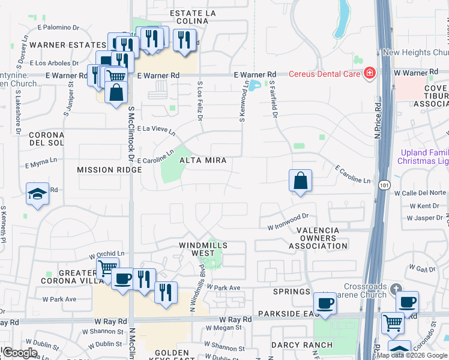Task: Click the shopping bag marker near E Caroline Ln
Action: (300, 181)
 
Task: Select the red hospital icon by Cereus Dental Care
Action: (370, 73)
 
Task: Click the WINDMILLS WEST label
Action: (203, 250)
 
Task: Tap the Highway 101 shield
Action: (384, 186)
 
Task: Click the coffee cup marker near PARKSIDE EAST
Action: (325, 303)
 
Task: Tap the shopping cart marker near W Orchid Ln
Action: (107, 268)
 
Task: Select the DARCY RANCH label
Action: (301, 345)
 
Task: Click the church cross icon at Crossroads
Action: (395, 289)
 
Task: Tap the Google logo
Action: (20, 353)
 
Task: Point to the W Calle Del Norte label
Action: (420, 193)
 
